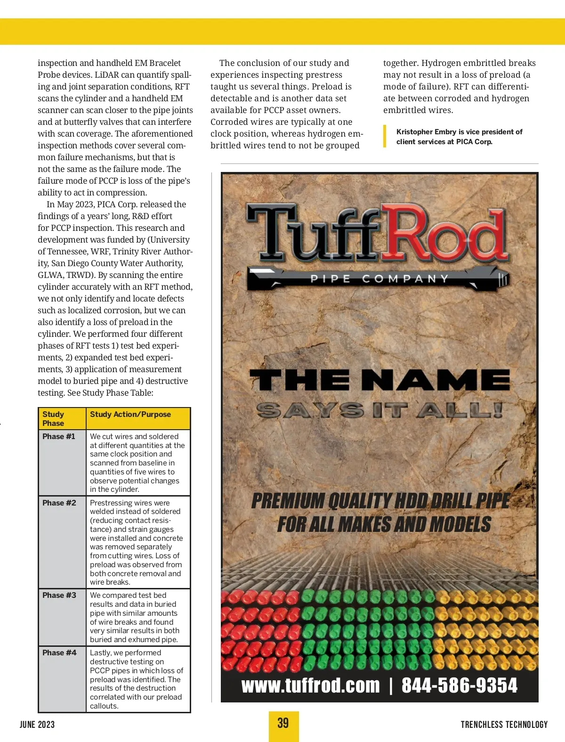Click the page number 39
click(283, 724)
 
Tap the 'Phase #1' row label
click(59, 436)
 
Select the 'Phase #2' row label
click(59, 503)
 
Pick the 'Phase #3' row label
click(59, 595)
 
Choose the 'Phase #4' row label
click(59, 652)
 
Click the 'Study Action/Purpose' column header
click(130, 415)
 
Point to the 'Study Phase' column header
click(53, 418)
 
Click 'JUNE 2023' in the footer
click(37, 725)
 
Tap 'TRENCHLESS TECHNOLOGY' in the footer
click(504, 725)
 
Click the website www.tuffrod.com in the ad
click(310, 685)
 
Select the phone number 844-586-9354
click(459, 685)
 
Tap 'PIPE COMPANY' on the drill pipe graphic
click(379, 279)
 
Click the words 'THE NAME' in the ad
click(379, 380)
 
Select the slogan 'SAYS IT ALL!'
click(379, 411)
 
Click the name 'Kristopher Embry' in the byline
click(426, 132)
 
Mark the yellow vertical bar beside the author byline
click(385, 137)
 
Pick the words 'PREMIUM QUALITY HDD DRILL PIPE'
click(380, 501)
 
